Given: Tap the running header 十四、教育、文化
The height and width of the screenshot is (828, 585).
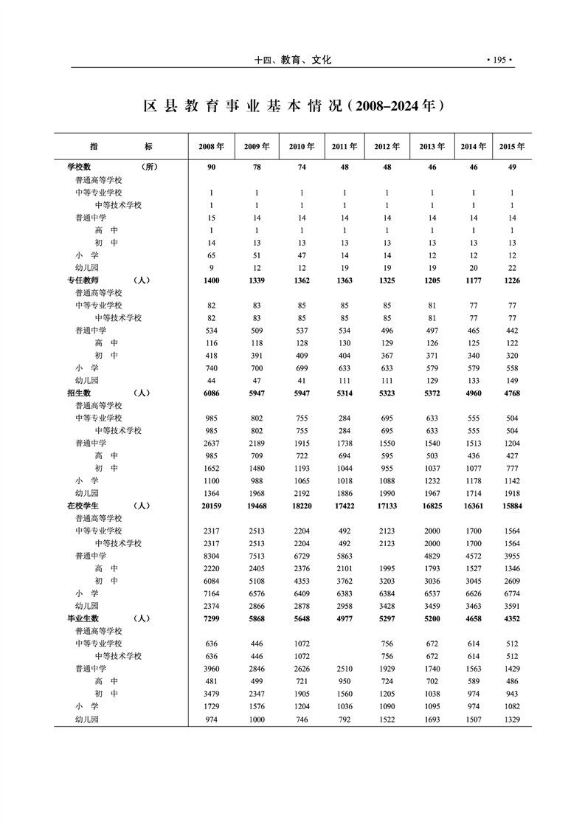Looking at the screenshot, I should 292,61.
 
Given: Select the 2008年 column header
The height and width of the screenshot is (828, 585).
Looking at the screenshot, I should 211,146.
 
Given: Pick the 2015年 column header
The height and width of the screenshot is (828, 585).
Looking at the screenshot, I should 512,146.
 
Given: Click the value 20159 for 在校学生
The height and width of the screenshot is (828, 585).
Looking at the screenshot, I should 211,506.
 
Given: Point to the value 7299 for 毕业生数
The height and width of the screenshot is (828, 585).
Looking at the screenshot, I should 211,618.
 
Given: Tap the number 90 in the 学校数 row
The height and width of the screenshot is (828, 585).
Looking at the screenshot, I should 211,167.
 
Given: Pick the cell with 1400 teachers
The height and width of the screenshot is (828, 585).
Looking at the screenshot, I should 211,280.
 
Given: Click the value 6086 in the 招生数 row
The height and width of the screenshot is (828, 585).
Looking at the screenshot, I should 211,393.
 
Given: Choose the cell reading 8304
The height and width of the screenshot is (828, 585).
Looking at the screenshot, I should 211,556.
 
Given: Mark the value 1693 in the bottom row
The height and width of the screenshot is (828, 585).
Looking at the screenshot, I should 432,719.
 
